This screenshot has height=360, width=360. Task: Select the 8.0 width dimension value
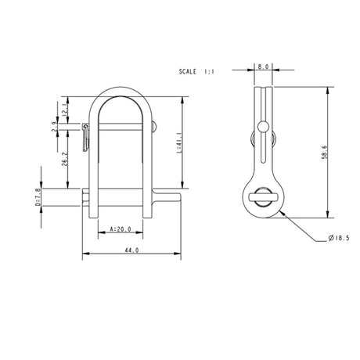point(264,67)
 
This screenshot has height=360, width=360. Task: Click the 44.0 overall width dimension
point(131,250)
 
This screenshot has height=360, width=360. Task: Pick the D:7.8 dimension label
point(37,201)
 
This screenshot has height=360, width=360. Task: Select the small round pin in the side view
point(265,128)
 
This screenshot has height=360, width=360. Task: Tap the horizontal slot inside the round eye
point(264,198)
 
